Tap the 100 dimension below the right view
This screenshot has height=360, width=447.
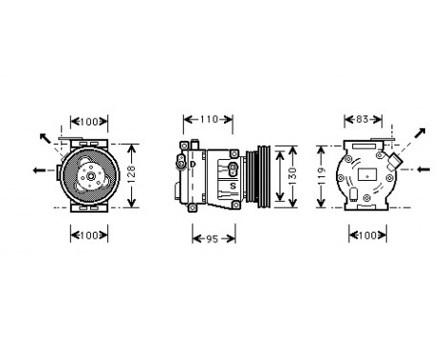[368, 235]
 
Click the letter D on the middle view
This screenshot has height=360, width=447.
[191, 164]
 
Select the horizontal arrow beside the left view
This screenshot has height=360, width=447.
[40, 170]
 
